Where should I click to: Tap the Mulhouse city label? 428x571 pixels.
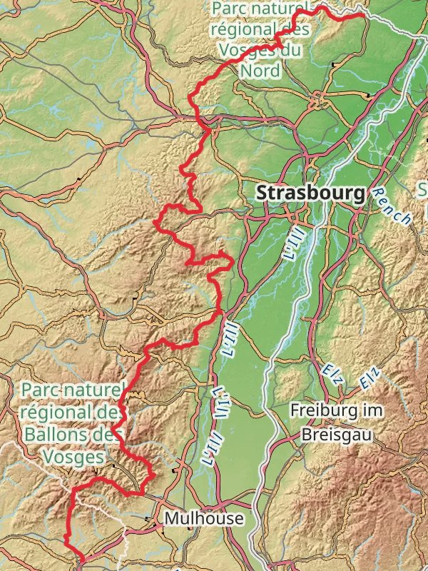coord(204,518)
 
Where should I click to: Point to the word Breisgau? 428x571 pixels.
coord(336,434)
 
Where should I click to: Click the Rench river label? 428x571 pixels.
coord(392,207)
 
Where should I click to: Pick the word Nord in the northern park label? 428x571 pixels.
coord(260,70)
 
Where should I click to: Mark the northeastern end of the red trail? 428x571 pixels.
coord(364,15)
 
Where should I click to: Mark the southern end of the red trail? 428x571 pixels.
coord(83,560)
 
